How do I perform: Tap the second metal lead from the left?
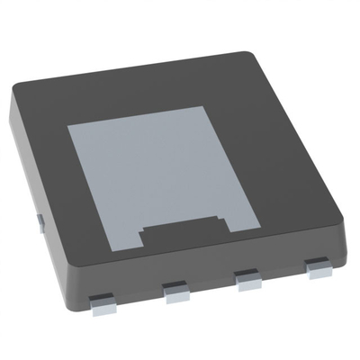click(x=175, y=290)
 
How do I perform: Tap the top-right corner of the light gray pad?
click(x=209, y=106)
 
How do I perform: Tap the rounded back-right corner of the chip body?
click(x=255, y=56)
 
